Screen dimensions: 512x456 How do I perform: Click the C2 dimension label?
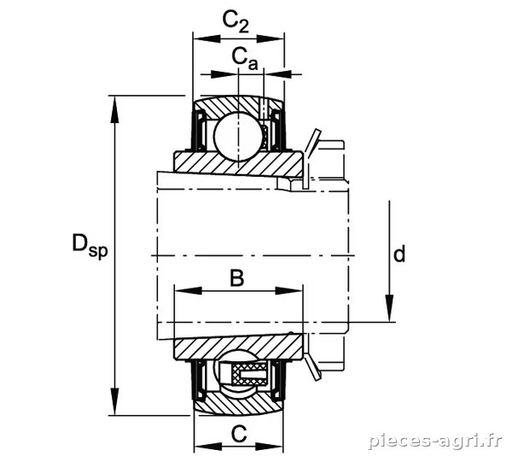pyautogui.click(x=236, y=21)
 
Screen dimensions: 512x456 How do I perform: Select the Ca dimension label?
pyautogui.click(x=245, y=59)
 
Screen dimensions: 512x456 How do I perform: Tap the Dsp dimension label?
pyautogui.click(x=90, y=246)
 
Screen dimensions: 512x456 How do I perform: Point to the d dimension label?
pyautogui.click(x=399, y=254)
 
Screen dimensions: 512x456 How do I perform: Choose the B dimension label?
pyautogui.click(x=237, y=278)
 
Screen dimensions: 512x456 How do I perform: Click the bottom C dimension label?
pyautogui.click(x=239, y=434)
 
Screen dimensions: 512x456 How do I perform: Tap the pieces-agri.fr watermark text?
pyautogui.click(x=435, y=441)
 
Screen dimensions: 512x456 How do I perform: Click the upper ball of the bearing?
pyautogui.click(x=239, y=137)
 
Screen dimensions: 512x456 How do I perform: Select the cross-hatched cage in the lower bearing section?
pyautogui.click(x=249, y=374)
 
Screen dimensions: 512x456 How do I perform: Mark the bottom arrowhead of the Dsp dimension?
pyautogui.click(x=114, y=401)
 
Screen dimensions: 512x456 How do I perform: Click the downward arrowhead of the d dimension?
pyautogui.click(x=389, y=308)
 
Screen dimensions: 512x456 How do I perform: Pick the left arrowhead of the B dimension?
pyautogui.click(x=188, y=290)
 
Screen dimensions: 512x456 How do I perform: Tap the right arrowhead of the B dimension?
pyautogui.click(x=289, y=290)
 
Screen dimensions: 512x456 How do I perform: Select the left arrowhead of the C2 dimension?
pyautogui.click(x=207, y=39)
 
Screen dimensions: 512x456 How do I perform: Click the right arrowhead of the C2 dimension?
pyautogui.click(x=271, y=39)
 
